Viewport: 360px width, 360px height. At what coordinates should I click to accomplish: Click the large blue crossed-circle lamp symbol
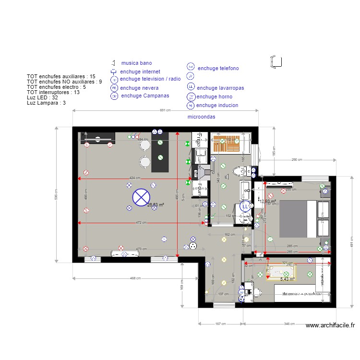point(141,196)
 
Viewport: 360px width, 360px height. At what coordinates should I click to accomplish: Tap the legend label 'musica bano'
point(136,63)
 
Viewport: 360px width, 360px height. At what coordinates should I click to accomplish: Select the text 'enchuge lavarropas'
point(220,88)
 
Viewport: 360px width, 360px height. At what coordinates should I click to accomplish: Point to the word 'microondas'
point(201,117)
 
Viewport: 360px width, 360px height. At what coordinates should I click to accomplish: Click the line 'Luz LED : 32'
point(42,97)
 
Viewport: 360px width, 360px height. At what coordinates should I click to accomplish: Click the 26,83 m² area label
point(156,204)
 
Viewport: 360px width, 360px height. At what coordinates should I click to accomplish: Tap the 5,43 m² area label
point(287,278)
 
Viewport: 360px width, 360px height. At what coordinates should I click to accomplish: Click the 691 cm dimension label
point(165,110)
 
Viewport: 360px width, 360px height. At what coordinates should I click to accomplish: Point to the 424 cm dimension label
point(135,178)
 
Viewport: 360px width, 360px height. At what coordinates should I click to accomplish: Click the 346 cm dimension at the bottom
point(289,324)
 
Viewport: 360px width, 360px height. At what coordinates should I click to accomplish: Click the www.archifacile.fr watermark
point(330,325)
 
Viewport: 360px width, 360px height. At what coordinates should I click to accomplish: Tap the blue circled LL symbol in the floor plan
point(245,206)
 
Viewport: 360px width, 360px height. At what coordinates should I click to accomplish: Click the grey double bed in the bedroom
point(298,218)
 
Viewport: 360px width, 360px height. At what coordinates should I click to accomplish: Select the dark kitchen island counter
point(160,153)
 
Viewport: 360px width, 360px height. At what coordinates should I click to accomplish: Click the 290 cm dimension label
point(297,159)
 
